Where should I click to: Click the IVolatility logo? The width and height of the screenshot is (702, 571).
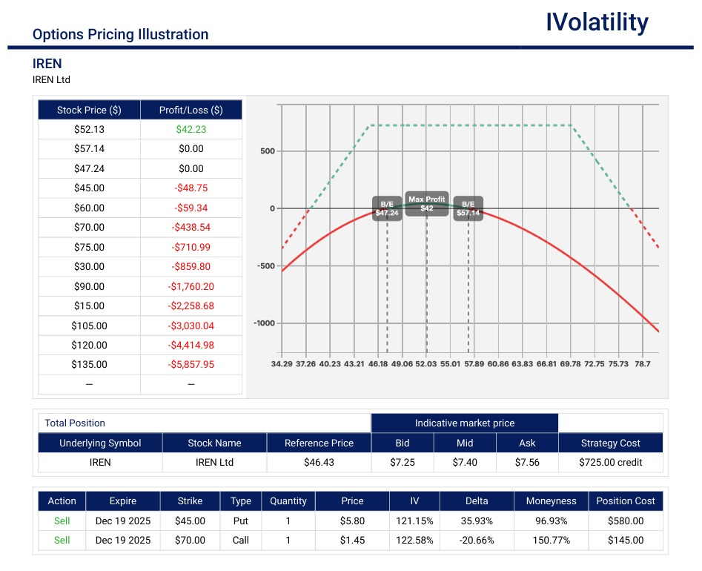tap(597, 22)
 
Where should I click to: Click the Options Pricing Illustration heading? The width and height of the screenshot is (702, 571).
tap(120, 34)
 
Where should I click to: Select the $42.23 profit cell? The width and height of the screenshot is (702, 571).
tap(191, 129)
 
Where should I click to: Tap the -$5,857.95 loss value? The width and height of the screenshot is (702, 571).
tap(191, 365)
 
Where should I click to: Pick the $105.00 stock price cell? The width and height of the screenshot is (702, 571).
tap(89, 326)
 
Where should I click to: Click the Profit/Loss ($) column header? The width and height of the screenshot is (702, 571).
tap(191, 110)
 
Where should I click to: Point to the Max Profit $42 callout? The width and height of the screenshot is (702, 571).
tap(426, 204)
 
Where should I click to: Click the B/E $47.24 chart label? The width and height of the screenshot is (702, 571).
tap(387, 208)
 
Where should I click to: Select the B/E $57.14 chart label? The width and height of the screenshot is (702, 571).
tap(468, 208)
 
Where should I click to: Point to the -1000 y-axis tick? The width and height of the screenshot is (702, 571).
tap(264, 323)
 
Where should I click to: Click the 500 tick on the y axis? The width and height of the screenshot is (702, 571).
tap(267, 151)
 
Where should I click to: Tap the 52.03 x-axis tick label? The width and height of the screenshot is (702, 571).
tap(426, 364)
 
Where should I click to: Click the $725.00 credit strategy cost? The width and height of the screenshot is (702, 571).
tap(610, 462)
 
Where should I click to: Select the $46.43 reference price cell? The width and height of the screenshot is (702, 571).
tap(318, 462)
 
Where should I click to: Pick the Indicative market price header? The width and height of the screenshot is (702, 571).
tap(464, 423)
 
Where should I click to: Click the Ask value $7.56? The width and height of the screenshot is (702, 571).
tap(527, 462)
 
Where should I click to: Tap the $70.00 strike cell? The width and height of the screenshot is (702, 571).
tap(190, 540)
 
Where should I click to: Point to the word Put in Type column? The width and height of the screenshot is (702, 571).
tap(240, 521)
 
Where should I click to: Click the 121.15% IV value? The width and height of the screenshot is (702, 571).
tap(414, 521)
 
